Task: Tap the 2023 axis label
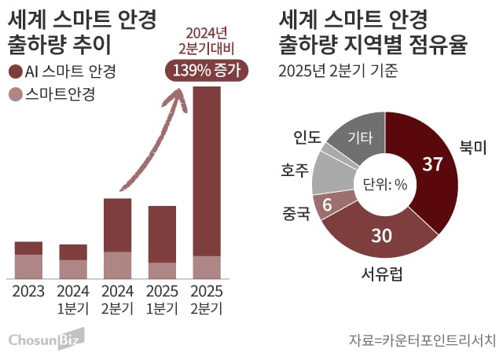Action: (x=28, y=292)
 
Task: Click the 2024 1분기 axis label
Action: (x=73, y=299)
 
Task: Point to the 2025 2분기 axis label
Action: (x=207, y=299)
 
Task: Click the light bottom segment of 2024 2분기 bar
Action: (x=117, y=265)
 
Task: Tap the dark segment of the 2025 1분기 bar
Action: (x=162, y=234)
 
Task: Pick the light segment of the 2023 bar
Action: (x=28, y=266)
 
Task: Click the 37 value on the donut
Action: (x=431, y=165)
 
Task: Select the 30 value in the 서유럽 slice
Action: (x=382, y=235)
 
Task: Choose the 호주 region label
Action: (x=294, y=170)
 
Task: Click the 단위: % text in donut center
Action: (x=384, y=185)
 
